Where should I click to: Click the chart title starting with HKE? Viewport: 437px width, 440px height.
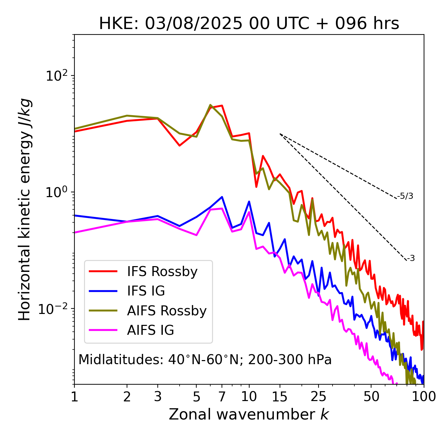click(x=249, y=24)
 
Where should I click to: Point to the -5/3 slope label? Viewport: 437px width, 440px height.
click(x=405, y=196)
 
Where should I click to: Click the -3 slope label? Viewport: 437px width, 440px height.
click(x=411, y=259)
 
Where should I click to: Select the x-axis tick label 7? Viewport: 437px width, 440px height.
click(x=222, y=397)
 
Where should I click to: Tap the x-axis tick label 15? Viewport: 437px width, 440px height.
click(x=280, y=397)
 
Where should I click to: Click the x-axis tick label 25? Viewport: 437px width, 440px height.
click(x=319, y=397)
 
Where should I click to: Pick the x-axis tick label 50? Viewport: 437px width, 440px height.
click(x=371, y=397)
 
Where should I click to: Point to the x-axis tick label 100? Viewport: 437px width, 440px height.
click(x=423, y=397)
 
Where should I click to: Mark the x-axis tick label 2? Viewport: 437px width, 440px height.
click(x=127, y=397)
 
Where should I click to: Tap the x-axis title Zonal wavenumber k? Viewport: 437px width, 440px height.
click(x=249, y=414)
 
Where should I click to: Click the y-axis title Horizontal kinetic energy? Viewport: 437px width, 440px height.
click(x=25, y=209)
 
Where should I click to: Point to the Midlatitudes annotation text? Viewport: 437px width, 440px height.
click(x=205, y=360)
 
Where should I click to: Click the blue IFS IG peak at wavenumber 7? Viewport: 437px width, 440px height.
click(x=222, y=197)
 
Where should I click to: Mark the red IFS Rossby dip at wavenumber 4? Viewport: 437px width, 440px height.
click(x=180, y=146)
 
